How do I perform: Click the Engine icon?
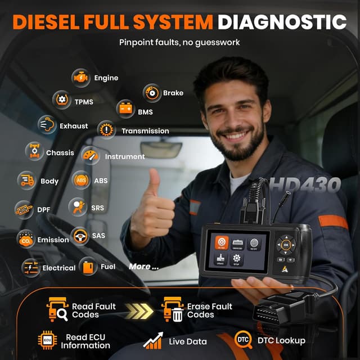tap(81, 78)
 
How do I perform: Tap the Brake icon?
tap(152, 93)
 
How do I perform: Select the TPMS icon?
tap(61, 100)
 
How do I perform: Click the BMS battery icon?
tap(125, 109)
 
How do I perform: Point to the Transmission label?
tap(145, 131)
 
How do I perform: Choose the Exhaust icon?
tap(47, 125)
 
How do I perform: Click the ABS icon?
tap(82, 180)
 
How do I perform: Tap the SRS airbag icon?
tap(78, 207)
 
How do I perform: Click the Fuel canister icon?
tap(88, 266)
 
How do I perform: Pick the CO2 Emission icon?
tap(26, 239)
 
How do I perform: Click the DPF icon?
tap(24, 209)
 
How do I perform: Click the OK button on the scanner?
tap(286, 245)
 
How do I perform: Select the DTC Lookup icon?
tap(244, 339)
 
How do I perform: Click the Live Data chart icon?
tap(153, 340)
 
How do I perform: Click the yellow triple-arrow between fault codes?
tap(138, 310)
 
